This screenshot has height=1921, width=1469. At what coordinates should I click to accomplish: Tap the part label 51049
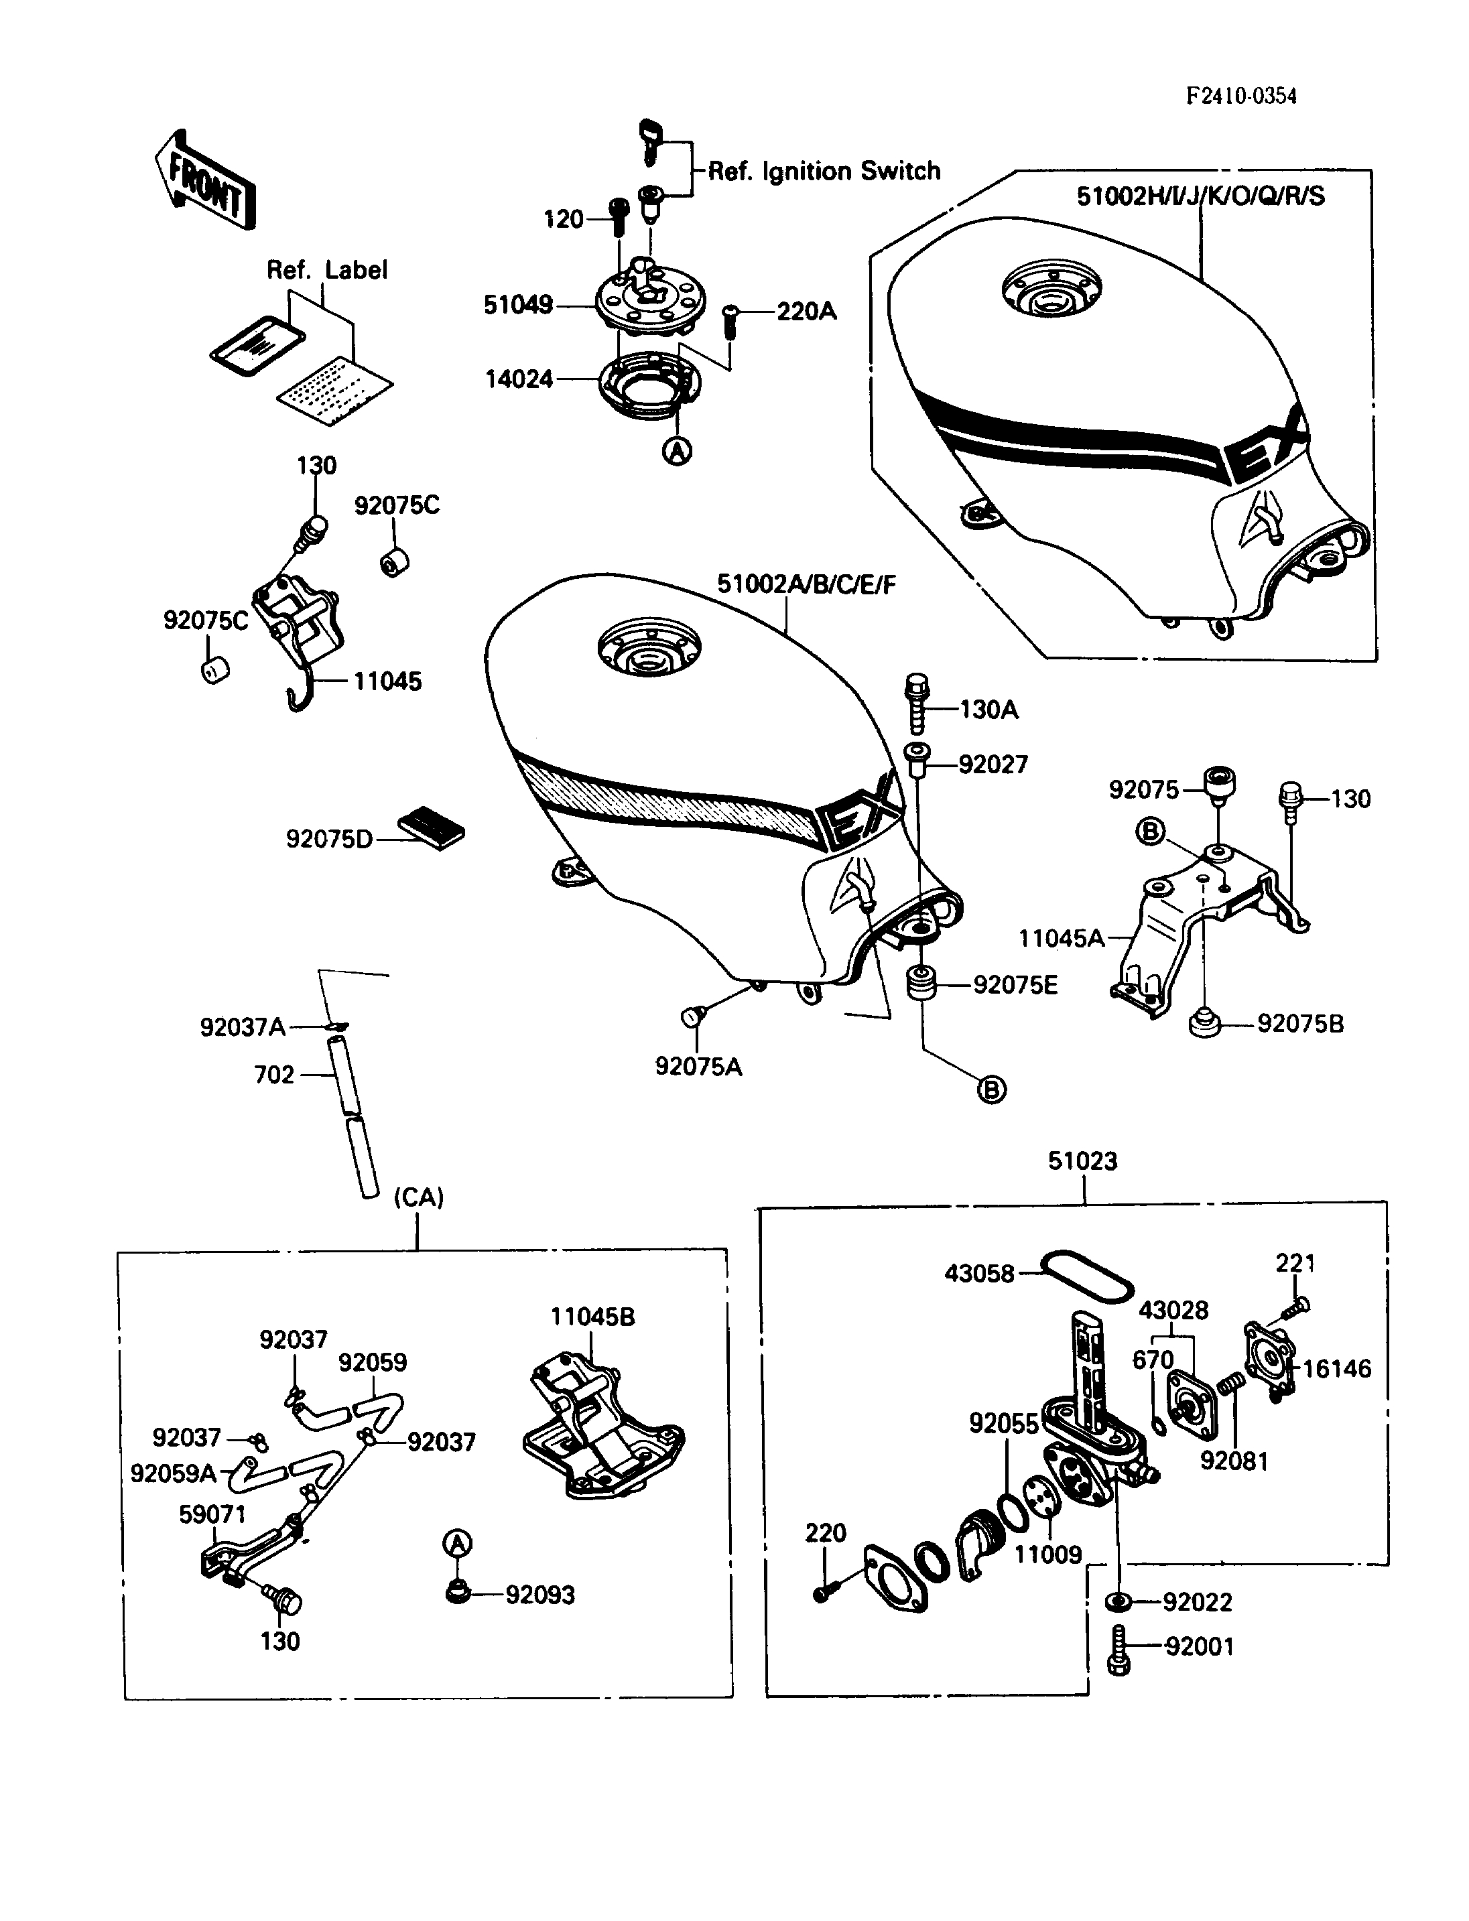[x=517, y=305]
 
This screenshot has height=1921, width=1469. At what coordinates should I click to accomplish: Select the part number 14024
[x=519, y=379]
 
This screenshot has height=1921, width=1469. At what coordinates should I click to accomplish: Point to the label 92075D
[x=329, y=840]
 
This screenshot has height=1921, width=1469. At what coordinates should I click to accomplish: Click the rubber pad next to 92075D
[x=431, y=827]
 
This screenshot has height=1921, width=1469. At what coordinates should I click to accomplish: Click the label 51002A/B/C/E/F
[x=806, y=584]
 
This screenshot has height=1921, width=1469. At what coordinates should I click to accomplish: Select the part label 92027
[x=993, y=765]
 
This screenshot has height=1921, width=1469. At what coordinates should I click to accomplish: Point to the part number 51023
[x=1082, y=1161]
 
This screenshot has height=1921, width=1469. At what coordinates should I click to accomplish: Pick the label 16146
[x=1337, y=1368]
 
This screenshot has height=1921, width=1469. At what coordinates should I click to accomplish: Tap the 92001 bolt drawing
[x=1119, y=1650]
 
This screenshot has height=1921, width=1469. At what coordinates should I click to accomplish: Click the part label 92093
[x=540, y=1595]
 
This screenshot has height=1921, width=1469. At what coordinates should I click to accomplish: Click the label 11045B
[x=592, y=1317]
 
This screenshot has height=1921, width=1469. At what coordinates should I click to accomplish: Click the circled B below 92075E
[x=991, y=1089]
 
